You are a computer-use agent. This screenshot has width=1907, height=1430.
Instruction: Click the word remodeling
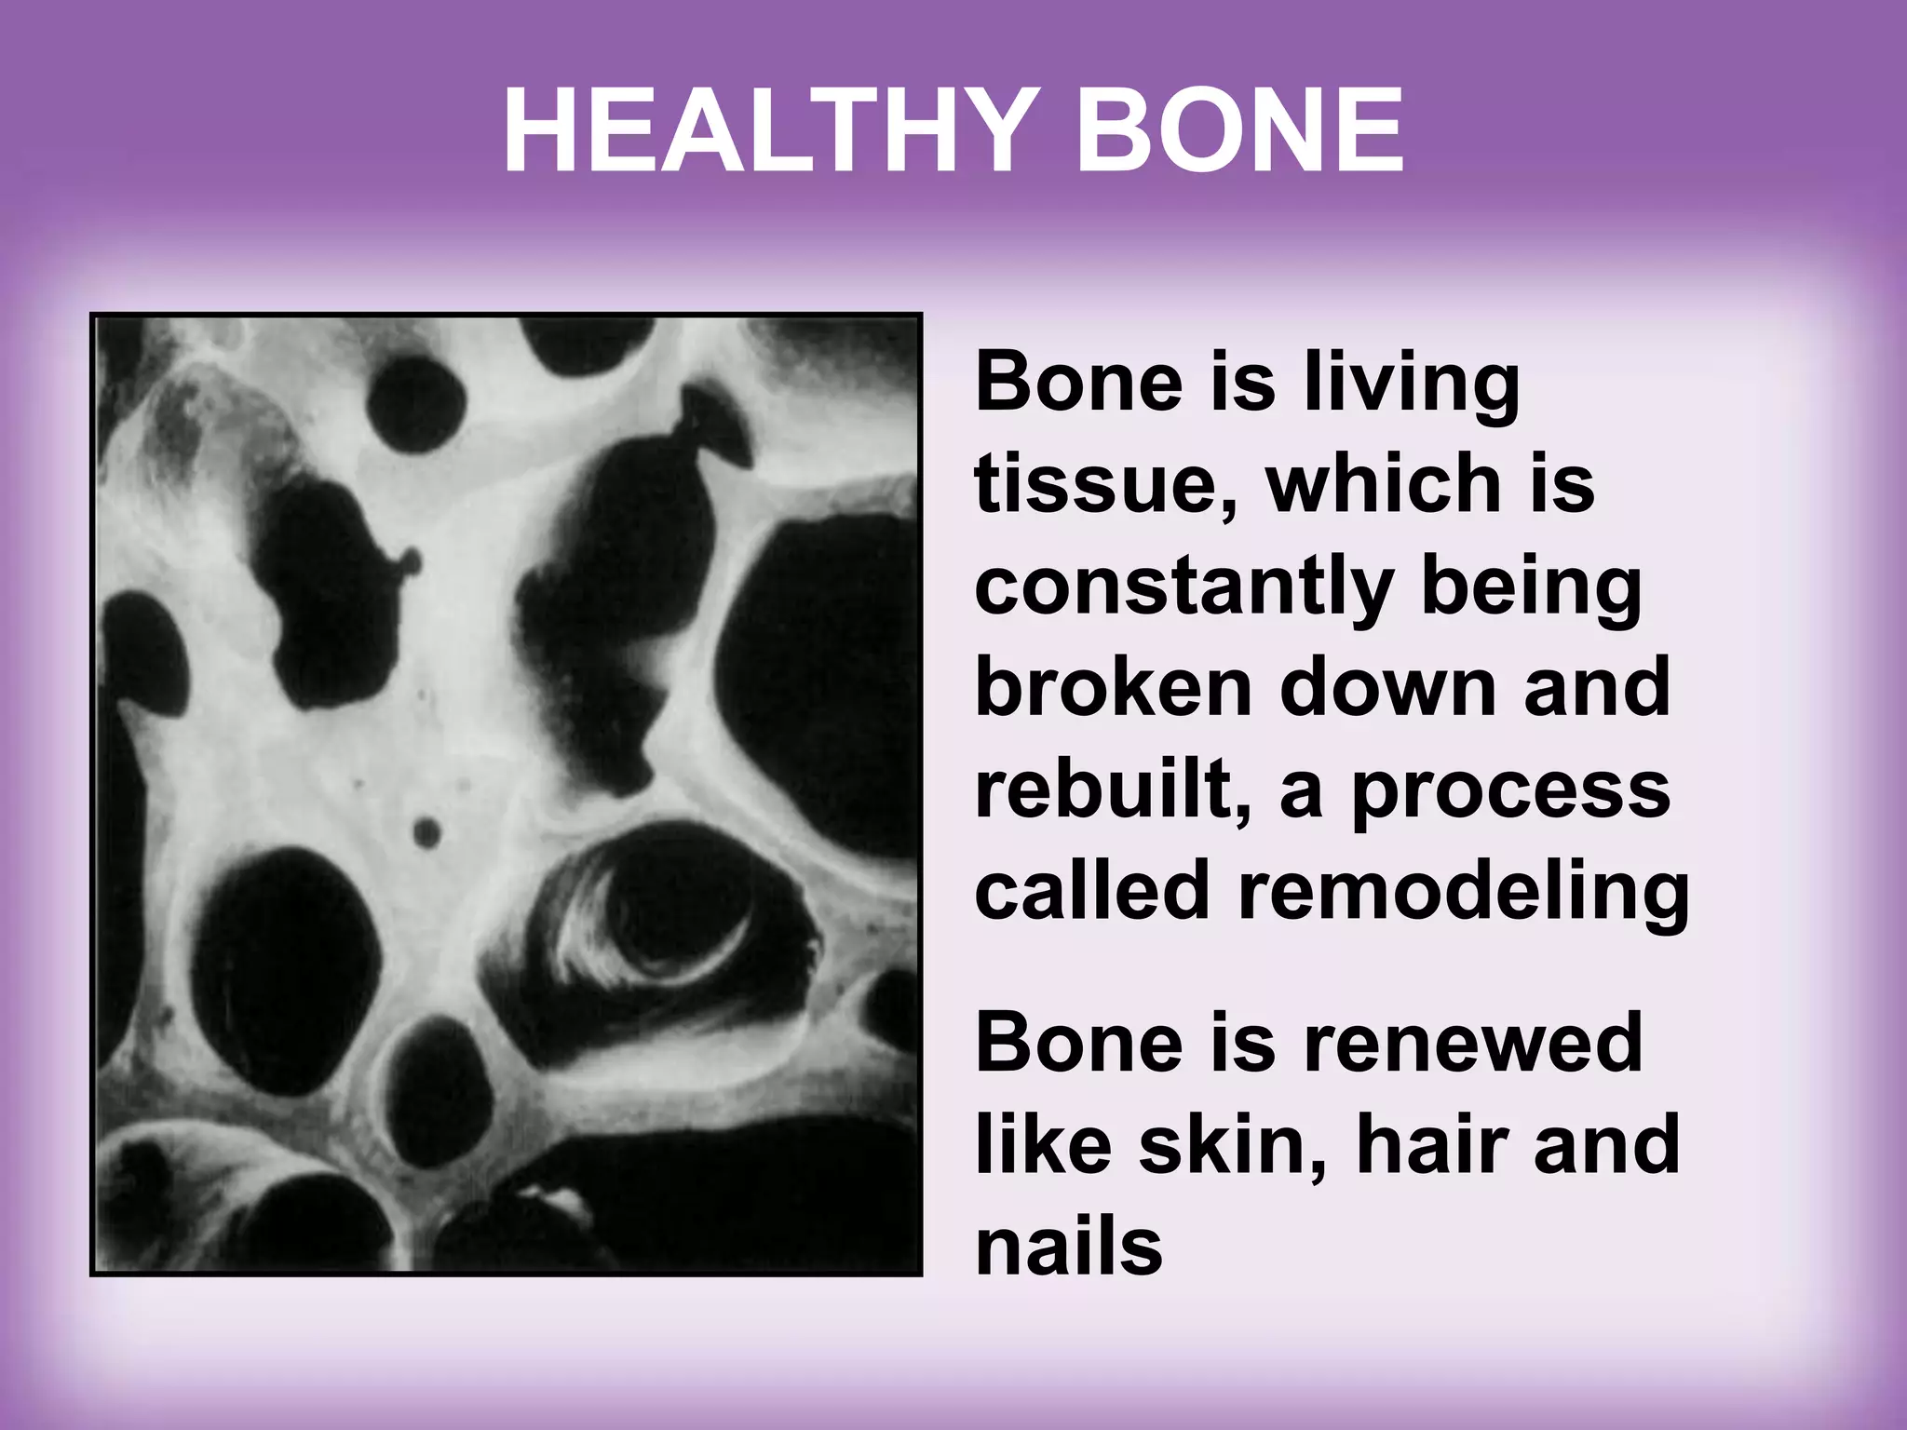1463,891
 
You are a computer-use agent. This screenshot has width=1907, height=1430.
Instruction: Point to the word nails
1069,1248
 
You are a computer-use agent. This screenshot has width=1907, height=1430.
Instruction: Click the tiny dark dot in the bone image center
426,832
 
